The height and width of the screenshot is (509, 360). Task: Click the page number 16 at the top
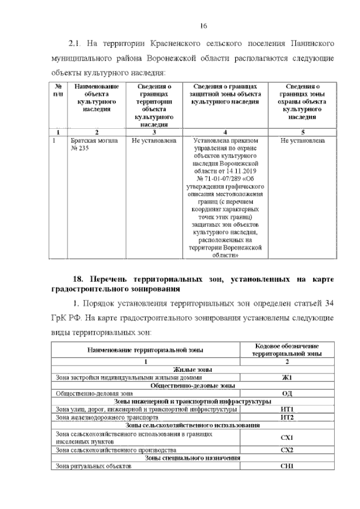[x=205, y=25]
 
